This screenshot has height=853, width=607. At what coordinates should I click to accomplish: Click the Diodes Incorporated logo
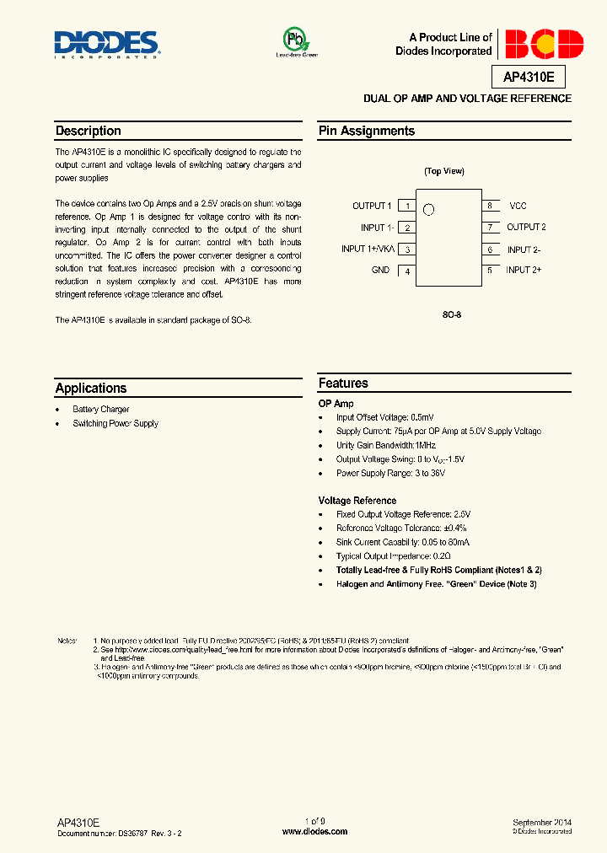[107, 44]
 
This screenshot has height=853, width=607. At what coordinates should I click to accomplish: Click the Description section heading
[89, 131]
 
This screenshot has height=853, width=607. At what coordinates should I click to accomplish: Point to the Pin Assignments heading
[367, 131]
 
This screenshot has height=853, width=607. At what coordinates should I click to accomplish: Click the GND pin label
[380, 271]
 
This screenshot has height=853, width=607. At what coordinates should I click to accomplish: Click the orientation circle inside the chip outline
[428, 210]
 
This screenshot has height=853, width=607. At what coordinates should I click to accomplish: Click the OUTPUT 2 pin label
[526, 228]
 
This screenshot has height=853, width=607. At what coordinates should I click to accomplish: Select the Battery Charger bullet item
[101, 410]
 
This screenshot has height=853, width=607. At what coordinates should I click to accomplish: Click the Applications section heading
[91, 389]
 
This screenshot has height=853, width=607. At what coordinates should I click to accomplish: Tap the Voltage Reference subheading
[357, 501]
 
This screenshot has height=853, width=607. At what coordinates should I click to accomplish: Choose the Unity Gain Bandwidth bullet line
[386, 445]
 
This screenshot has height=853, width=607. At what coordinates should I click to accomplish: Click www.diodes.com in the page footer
[314, 831]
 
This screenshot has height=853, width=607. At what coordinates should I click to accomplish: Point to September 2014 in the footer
[542, 822]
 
